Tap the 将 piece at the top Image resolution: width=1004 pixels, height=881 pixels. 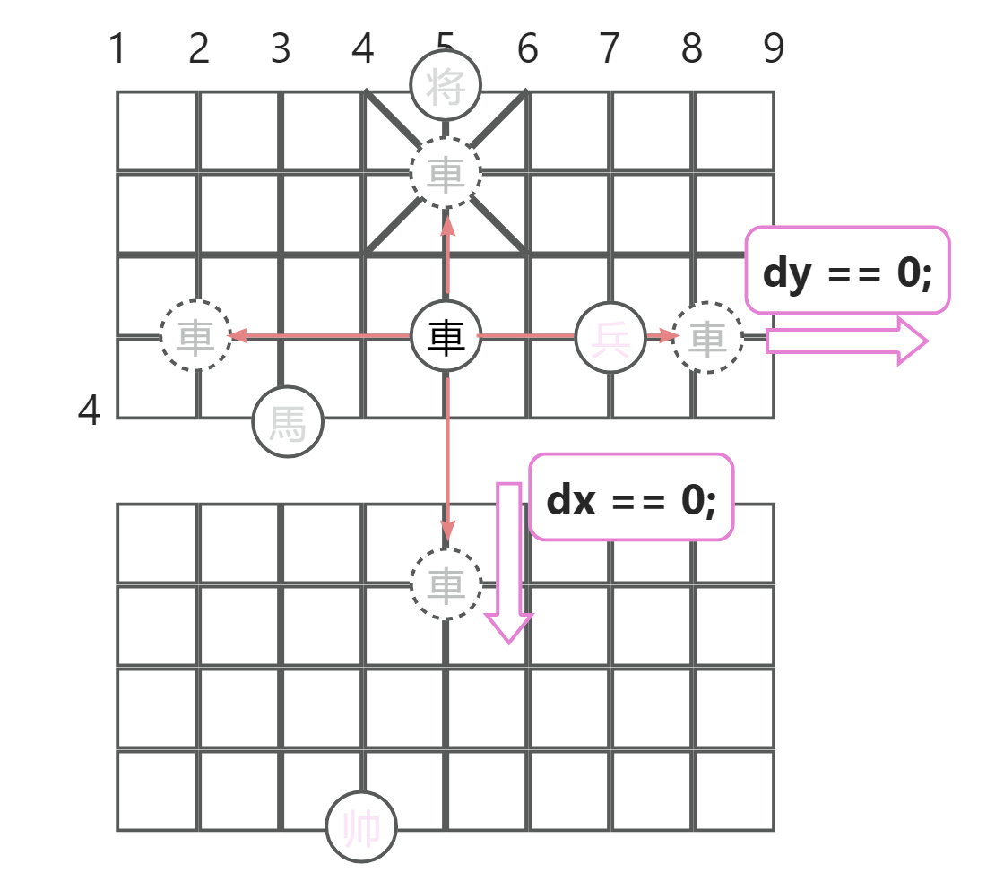click(x=446, y=88)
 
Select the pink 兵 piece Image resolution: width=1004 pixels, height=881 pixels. click(x=610, y=338)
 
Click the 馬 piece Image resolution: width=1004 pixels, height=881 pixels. click(x=288, y=421)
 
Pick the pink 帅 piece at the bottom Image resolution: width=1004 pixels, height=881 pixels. click(x=361, y=827)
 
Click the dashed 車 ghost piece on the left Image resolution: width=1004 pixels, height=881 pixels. click(x=196, y=336)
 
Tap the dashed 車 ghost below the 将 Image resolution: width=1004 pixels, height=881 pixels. click(x=446, y=172)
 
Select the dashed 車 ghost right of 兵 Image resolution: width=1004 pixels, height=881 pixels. click(x=708, y=338)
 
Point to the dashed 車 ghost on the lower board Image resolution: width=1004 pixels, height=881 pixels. click(x=446, y=584)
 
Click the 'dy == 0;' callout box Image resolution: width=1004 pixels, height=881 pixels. click(x=847, y=271)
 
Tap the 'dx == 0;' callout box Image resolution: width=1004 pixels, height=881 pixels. click(x=631, y=497)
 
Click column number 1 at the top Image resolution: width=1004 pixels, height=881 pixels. click(x=117, y=49)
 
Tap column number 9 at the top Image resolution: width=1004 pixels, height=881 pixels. click(x=774, y=49)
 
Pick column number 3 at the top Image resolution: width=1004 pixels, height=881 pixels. click(x=281, y=49)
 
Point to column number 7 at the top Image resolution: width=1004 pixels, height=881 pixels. click(x=610, y=49)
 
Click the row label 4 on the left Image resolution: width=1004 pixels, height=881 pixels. click(x=89, y=411)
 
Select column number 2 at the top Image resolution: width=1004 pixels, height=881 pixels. click(x=199, y=49)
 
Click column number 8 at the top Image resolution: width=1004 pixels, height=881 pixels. click(x=691, y=49)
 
